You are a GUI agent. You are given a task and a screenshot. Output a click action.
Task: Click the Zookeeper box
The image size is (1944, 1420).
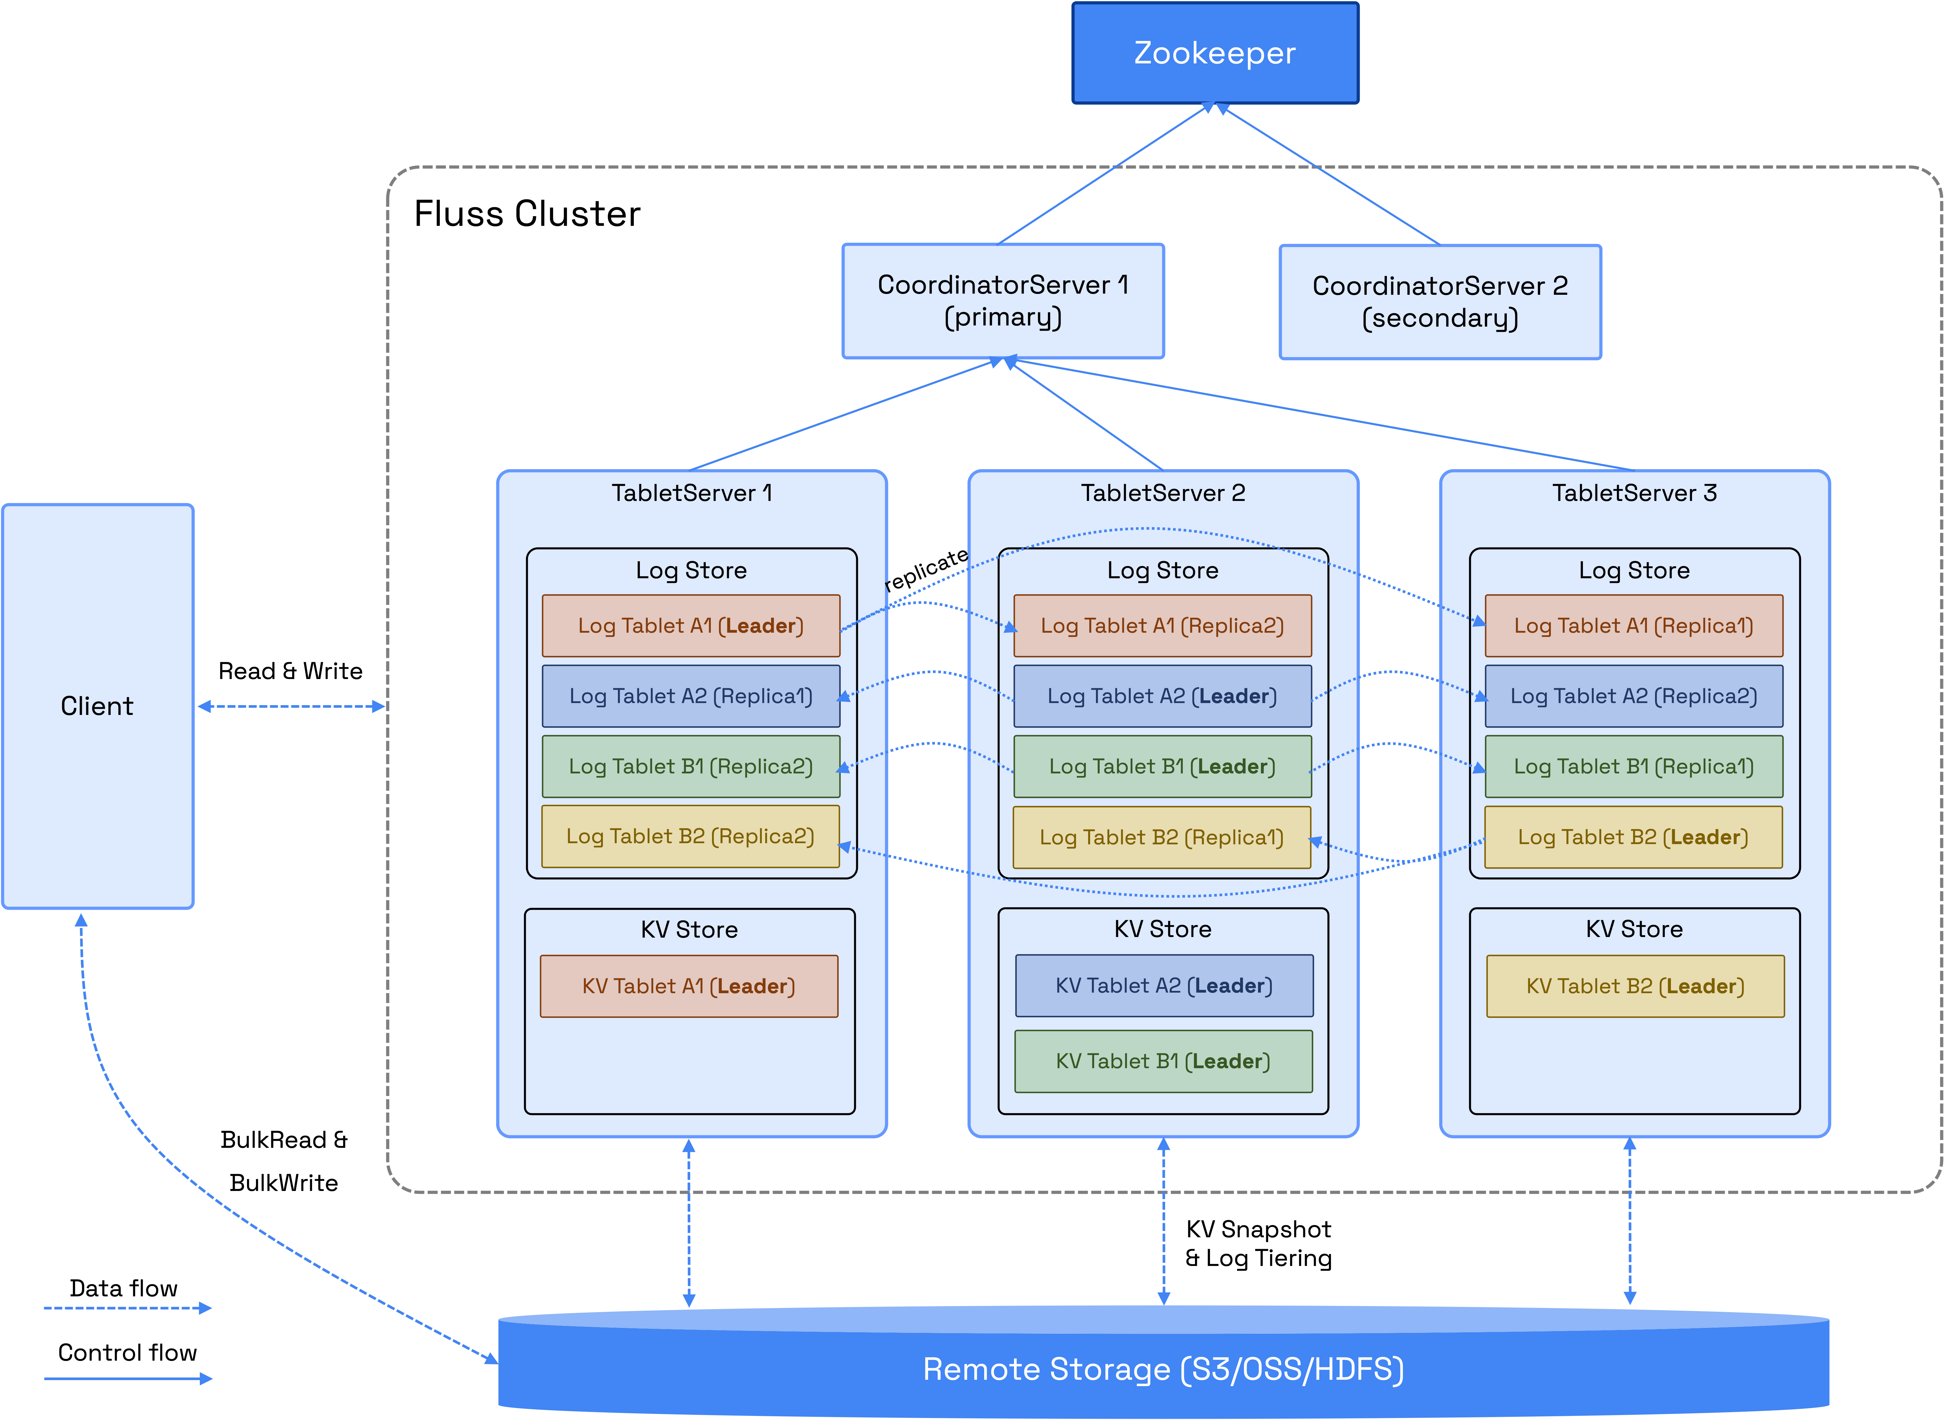[x=1214, y=53]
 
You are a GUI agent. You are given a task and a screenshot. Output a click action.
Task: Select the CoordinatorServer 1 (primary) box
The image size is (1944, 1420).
[x=1003, y=301]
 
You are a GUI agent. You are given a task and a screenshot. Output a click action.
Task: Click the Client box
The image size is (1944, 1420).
[x=97, y=706]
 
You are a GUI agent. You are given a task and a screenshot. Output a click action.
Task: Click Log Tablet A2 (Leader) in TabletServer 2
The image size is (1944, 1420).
[x=1162, y=696]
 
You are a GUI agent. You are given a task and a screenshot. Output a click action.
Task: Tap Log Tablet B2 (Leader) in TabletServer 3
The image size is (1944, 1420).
[x=1633, y=837]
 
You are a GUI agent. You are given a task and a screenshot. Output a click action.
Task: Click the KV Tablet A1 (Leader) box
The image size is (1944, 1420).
[x=689, y=986]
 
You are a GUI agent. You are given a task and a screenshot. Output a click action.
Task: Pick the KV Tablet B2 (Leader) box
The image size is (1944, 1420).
[x=1634, y=986]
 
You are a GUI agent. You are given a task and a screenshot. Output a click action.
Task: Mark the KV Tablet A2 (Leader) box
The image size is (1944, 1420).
[x=1164, y=986]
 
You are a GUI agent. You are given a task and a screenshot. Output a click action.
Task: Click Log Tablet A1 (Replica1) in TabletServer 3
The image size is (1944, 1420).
[x=1633, y=626]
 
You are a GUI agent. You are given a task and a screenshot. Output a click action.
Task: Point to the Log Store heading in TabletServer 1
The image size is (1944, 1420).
[x=691, y=571]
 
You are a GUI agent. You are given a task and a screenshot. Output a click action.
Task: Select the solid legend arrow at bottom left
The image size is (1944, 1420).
[x=127, y=1379]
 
